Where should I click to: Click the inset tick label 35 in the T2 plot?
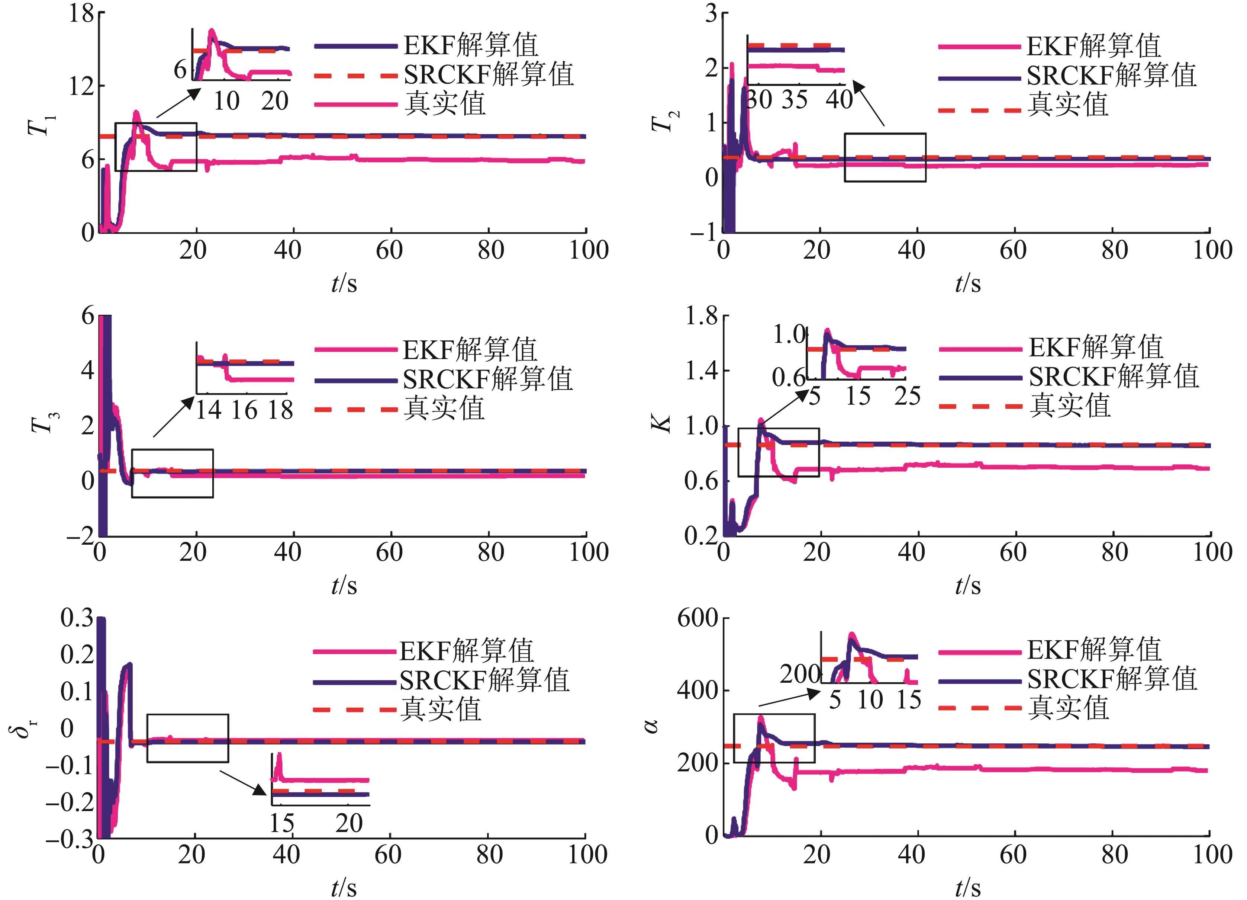(795, 100)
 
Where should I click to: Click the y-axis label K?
(664, 424)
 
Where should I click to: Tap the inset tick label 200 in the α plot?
(800, 674)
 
